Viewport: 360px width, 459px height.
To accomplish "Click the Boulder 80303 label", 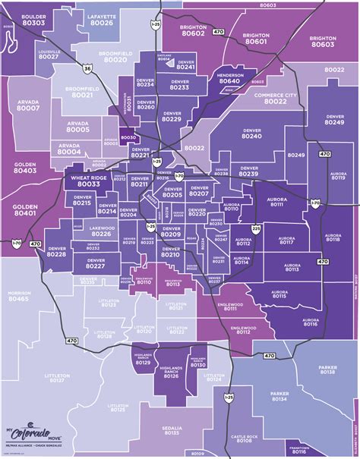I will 33,19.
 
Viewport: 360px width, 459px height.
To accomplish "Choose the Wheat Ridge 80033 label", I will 89,181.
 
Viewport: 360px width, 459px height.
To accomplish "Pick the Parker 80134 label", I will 278,397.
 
